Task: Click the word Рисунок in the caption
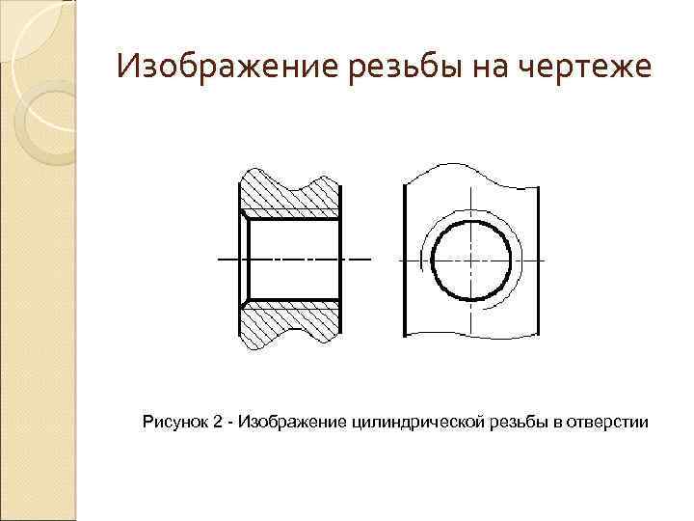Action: click(174, 422)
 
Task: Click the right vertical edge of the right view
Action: click(536, 260)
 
